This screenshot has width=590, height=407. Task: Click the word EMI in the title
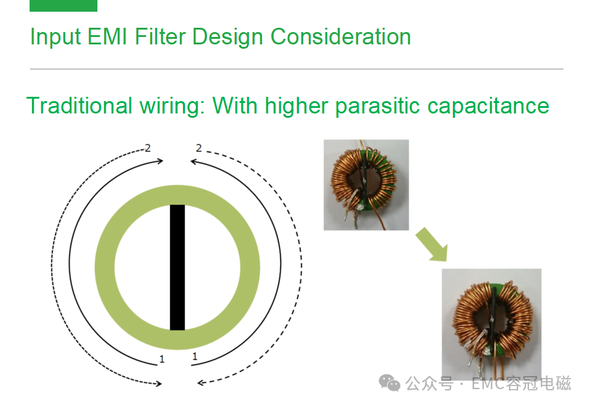click(107, 36)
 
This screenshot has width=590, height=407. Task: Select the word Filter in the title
click(160, 36)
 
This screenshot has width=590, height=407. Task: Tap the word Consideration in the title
click(340, 36)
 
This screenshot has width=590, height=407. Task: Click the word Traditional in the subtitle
click(79, 105)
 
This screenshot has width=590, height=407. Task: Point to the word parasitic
click(377, 107)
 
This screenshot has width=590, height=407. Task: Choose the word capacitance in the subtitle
click(488, 107)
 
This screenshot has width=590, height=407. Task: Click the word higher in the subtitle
click(297, 107)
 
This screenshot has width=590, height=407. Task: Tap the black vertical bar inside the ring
click(177, 267)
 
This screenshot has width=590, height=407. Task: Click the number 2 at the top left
click(147, 149)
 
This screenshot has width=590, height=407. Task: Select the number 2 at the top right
click(199, 149)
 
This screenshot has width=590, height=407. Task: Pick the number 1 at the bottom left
click(162, 359)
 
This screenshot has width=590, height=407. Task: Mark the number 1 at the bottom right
click(195, 356)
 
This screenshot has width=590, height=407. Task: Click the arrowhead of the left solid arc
click(160, 161)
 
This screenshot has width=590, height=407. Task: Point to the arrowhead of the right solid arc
click(194, 162)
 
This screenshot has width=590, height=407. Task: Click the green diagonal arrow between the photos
click(433, 245)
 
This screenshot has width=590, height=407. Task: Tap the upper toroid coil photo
click(366, 185)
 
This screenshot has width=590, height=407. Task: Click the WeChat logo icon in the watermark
click(389, 384)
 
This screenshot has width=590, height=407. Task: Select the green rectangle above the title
click(64, 6)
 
